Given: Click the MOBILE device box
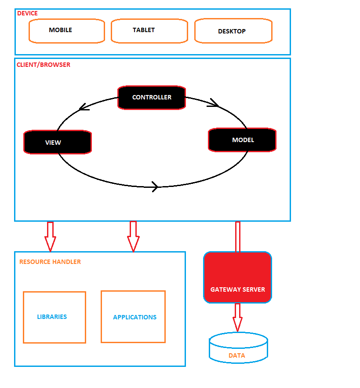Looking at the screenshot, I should tap(67, 31).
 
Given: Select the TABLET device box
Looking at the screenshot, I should tap(149, 31).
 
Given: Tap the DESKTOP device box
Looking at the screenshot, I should tap(233, 31).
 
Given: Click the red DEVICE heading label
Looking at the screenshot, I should tap(27, 13).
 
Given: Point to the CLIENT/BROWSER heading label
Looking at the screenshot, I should tap(43, 65).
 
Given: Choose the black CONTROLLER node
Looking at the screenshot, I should tap(152, 97).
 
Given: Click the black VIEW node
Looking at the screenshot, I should tap(57, 142).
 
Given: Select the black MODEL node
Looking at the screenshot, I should tap(242, 140).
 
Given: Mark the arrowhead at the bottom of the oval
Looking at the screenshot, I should tap(154, 186).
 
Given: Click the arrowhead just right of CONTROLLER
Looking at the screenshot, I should tap(214, 103).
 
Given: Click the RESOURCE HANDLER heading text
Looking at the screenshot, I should tap(50, 262).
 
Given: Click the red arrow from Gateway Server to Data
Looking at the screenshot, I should tap(237, 317).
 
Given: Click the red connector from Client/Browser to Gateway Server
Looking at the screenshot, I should tap(238, 237).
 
